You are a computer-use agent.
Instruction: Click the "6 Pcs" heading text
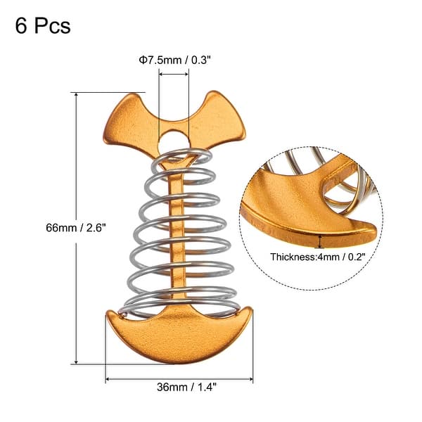tap(42, 26)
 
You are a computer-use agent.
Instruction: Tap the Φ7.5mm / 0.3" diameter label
tap(173, 60)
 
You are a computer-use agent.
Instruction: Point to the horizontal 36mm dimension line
tap(179, 380)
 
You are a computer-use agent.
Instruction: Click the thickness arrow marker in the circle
tap(321, 241)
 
